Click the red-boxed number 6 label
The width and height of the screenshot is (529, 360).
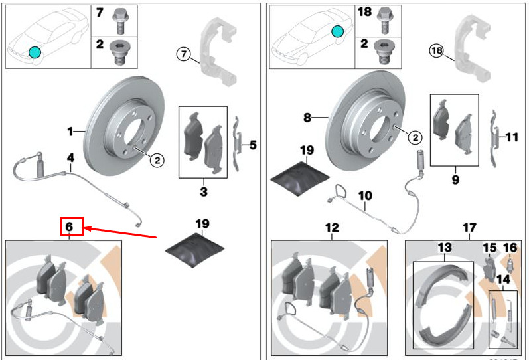pyautogui.click(x=70, y=226)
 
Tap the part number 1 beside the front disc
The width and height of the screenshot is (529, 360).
pyautogui.click(x=71, y=132)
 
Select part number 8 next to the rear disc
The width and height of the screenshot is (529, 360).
pyautogui.click(x=307, y=118)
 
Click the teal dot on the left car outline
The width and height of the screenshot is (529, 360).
pyautogui.click(x=34, y=52)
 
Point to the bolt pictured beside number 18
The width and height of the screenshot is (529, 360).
pyautogui.click(x=383, y=19)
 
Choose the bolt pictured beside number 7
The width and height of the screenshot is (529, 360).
pyautogui.click(x=119, y=19)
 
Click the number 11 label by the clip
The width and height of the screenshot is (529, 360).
pyautogui.click(x=512, y=137)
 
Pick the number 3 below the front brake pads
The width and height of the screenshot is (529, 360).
pyautogui.click(x=204, y=192)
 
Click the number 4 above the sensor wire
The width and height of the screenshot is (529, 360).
pyautogui.click(x=70, y=158)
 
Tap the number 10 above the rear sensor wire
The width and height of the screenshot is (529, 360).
pyautogui.click(x=366, y=196)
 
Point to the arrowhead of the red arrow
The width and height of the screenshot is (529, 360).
pyautogui.click(x=86, y=229)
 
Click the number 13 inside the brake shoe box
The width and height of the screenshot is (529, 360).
pyautogui.click(x=444, y=248)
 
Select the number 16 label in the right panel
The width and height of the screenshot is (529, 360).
pyautogui.click(x=510, y=248)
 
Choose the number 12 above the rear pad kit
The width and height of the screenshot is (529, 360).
pyautogui.click(x=332, y=228)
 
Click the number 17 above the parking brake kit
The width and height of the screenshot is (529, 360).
pyautogui.click(x=469, y=228)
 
